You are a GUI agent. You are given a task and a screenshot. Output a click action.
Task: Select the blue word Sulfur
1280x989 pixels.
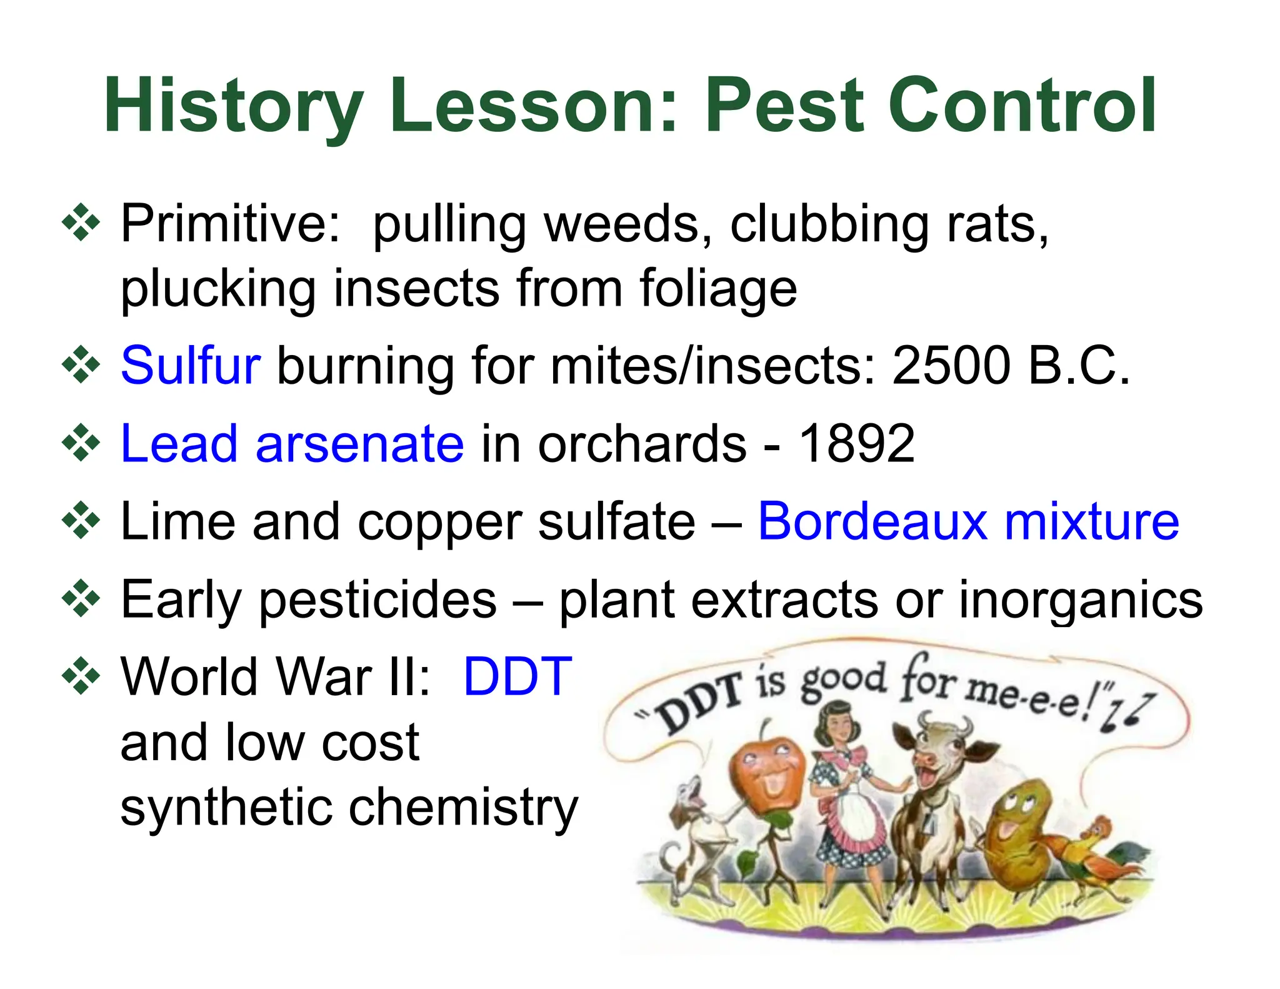point(190,365)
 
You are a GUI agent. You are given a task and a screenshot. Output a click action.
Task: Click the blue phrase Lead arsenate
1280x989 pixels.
point(292,443)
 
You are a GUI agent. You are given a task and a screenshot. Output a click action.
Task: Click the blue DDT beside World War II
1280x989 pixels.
point(517,676)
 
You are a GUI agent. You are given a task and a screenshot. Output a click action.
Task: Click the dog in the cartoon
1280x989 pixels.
point(694,831)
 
